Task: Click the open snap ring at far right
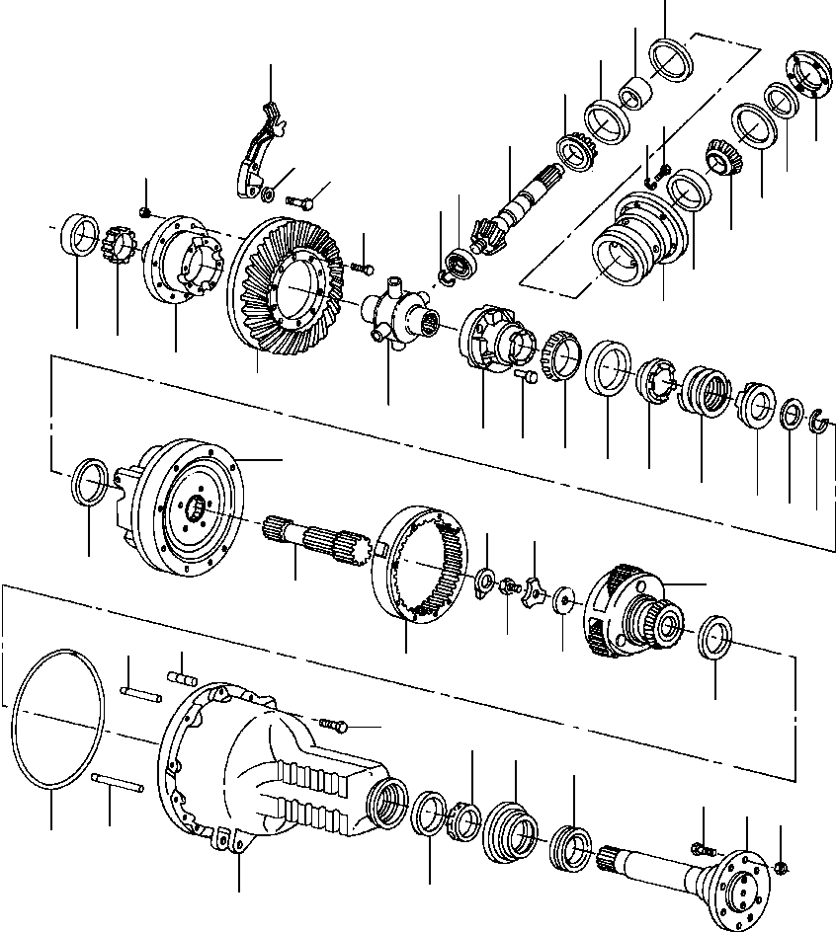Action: (x=816, y=424)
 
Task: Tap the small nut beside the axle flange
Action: (x=781, y=868)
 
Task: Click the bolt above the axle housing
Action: (x=334, y=726)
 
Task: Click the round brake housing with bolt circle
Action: (x=183, y=508)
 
